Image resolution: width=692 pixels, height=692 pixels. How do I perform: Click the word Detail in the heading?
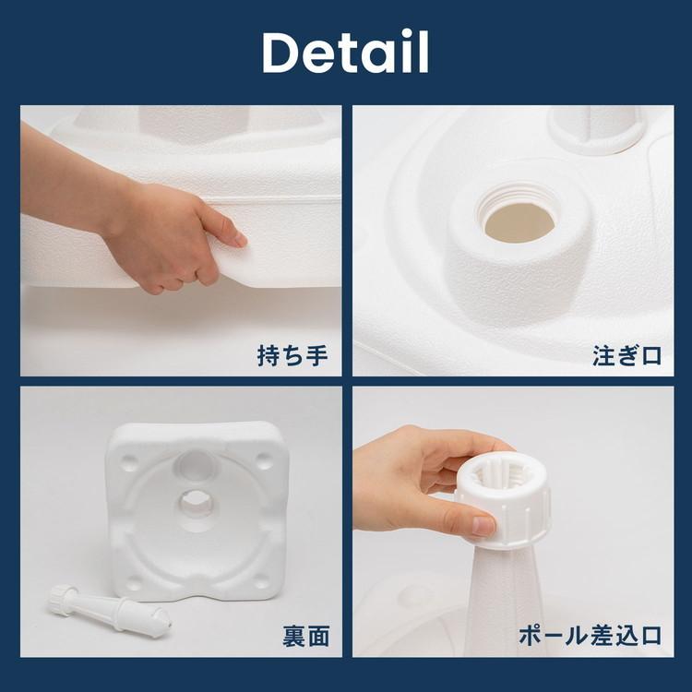pyautogui.click(x=345, y=54)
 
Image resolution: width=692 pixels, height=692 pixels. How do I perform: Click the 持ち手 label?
pyautogui.click(x=292, y=355)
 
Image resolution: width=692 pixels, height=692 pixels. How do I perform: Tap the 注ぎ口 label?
pyautogui.click(x=626, y=355)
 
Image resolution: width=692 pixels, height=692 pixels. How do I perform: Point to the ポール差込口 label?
pyautogui.click(x=588, y=636)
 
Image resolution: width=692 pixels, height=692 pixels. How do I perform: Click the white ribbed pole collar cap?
pyautogui.click(x=503, y=503)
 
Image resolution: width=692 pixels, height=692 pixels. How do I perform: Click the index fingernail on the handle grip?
pyautogui.click(x=238, y=238)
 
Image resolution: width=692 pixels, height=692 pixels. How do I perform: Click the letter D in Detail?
pyautogui.click(x=282, y=54)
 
